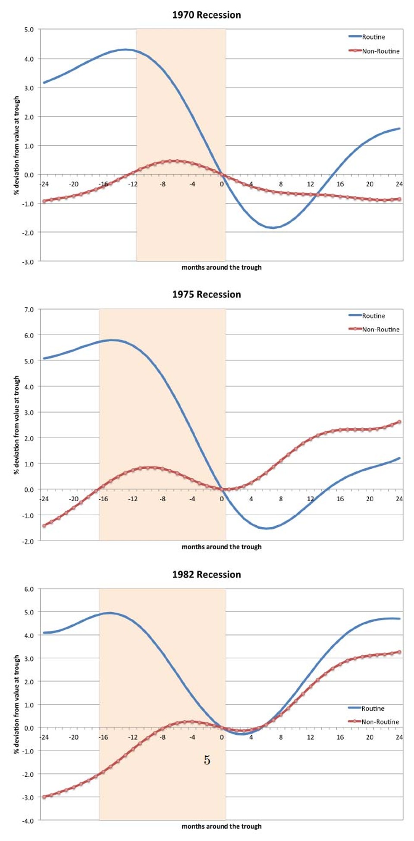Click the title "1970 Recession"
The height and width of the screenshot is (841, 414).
[x=207, y=15]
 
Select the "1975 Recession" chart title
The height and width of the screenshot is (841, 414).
[x=207, y=295]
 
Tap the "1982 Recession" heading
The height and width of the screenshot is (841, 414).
[x=207, y=575]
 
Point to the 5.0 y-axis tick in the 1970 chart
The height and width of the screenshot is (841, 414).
[x=28, y=30]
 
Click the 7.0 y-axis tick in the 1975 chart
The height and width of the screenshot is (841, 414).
[x=28, y=310]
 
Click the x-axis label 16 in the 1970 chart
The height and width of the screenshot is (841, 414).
[x=340, y=184]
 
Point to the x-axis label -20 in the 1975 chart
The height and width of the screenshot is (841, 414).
[x=74, y=499]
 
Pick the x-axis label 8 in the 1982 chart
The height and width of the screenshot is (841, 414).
[x=281, y=737]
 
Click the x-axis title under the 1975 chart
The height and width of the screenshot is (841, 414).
[x=221, y=547]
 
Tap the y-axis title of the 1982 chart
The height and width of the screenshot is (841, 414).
[x=17, y=704]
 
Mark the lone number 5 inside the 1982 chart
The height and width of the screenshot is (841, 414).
[x=207, y=760]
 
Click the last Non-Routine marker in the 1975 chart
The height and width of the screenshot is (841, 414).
[x=399, y=422]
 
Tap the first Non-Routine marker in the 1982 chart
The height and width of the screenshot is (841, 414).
[x=44, y=797]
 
